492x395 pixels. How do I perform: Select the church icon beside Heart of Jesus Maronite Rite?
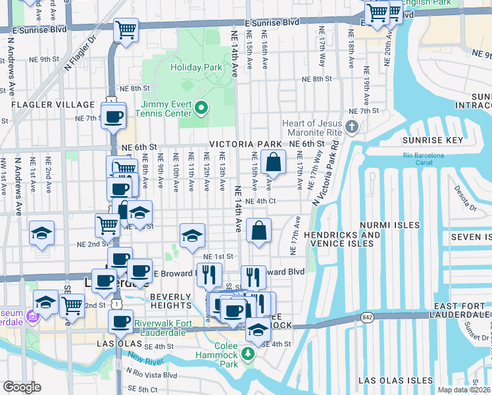pyautogui.click(x=353, y=126)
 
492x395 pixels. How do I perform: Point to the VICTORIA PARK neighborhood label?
pyautogui.click(x=245, y=144)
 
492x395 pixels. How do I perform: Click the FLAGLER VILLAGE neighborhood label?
pyautogui.click(x=53, y=105)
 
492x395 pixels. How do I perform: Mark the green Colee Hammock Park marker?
pyautogui.click(x=248, y=355)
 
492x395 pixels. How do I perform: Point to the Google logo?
pyautogui.click(x=22, y=387)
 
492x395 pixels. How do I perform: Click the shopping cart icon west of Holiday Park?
pyautogui.click(x=126, y=30)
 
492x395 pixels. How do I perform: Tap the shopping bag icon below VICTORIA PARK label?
pyautogui.click(x=272, y=162)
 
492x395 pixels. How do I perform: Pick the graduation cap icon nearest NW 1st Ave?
pyautogui.click(x=41, y=233)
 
